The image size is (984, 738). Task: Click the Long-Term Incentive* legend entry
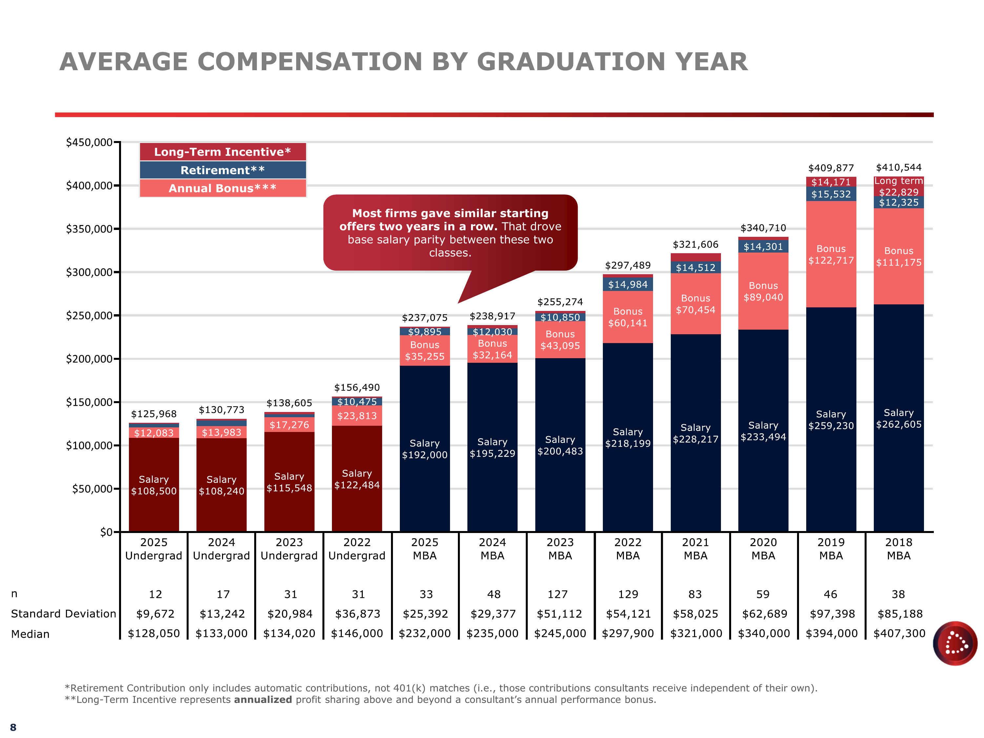pos(222,152)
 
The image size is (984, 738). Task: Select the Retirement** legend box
pos(222,170)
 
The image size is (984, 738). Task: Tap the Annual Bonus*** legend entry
pos(222,188)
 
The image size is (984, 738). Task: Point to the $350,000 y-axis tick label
pos(89,229)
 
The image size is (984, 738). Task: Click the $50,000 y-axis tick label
pos(92,489)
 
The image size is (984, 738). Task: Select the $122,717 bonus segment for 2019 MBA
pos(830,255)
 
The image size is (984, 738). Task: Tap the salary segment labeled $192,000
pos(424,449)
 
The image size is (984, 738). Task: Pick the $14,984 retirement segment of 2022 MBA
pos(628,284)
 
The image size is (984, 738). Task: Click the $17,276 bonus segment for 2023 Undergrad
pos(289,425)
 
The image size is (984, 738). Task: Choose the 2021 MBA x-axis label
pos(695,549)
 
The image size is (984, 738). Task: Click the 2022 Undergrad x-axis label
pos(357,549)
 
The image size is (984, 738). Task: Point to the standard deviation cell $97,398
pos(832,614)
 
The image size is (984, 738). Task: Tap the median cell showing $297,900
pos(628,633)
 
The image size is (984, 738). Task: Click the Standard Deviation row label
pos(63,614)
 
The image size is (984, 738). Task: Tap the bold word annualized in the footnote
pos(263,700)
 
